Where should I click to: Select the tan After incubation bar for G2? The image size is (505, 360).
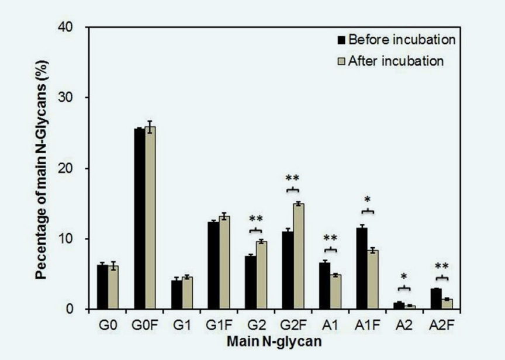pos(261,275)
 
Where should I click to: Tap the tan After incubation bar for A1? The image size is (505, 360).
pos(335,292)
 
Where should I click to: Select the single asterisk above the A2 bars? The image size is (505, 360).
pos(404,277)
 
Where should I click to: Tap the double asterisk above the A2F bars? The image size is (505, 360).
pos(442,266)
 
